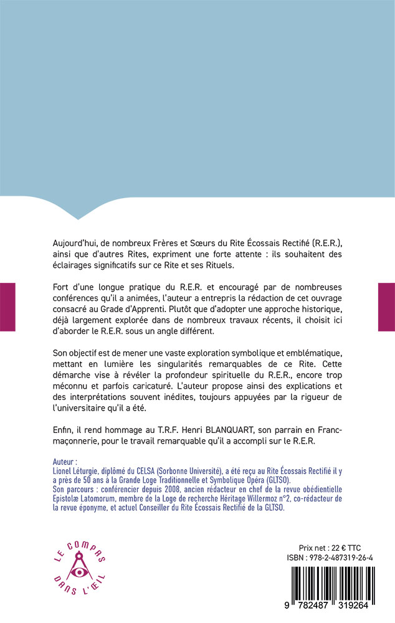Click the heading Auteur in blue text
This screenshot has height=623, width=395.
click(x=66, y=462)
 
